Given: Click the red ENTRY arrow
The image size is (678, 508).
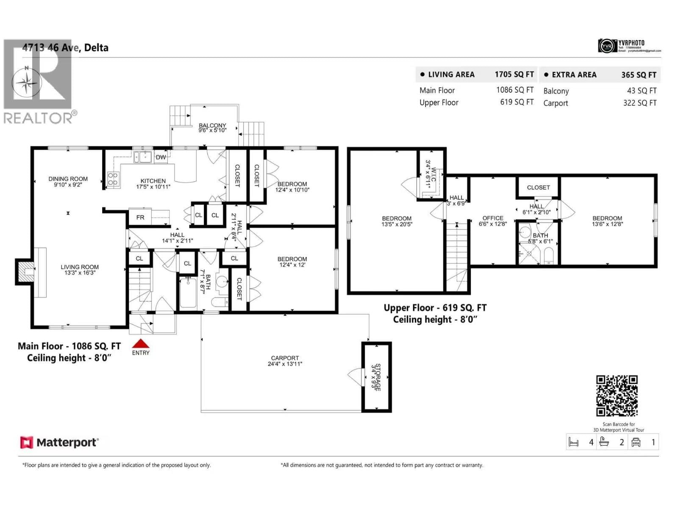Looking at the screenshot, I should point(141,344).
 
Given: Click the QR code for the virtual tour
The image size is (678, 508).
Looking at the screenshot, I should point(617,396).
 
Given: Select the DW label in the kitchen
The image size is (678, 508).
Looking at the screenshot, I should point(161,157).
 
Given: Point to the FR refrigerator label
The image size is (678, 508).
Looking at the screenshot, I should point(140,217).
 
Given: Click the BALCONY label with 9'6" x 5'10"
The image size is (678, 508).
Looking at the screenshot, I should point(212,128).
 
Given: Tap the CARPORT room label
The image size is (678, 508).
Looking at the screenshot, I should point(285,361).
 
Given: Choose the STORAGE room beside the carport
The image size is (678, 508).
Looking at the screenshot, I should point(376,377).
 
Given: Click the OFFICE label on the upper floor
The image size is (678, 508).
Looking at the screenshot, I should point(493,221).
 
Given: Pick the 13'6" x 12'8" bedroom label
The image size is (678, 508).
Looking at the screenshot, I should point(607,221).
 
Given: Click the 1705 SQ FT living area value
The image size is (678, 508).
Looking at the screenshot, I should point(514,75).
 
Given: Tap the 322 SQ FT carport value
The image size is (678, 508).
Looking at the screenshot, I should point(639,103).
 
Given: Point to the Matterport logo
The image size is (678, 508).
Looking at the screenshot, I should point(59,443).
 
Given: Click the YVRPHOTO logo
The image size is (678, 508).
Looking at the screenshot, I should point(629,46).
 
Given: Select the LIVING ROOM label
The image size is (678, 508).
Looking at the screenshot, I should point(79,270).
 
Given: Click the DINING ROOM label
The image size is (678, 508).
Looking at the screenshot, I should point(68,182).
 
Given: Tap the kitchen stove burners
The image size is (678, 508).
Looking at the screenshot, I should point(113,179).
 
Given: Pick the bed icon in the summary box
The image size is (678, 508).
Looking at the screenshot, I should point(573,442).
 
